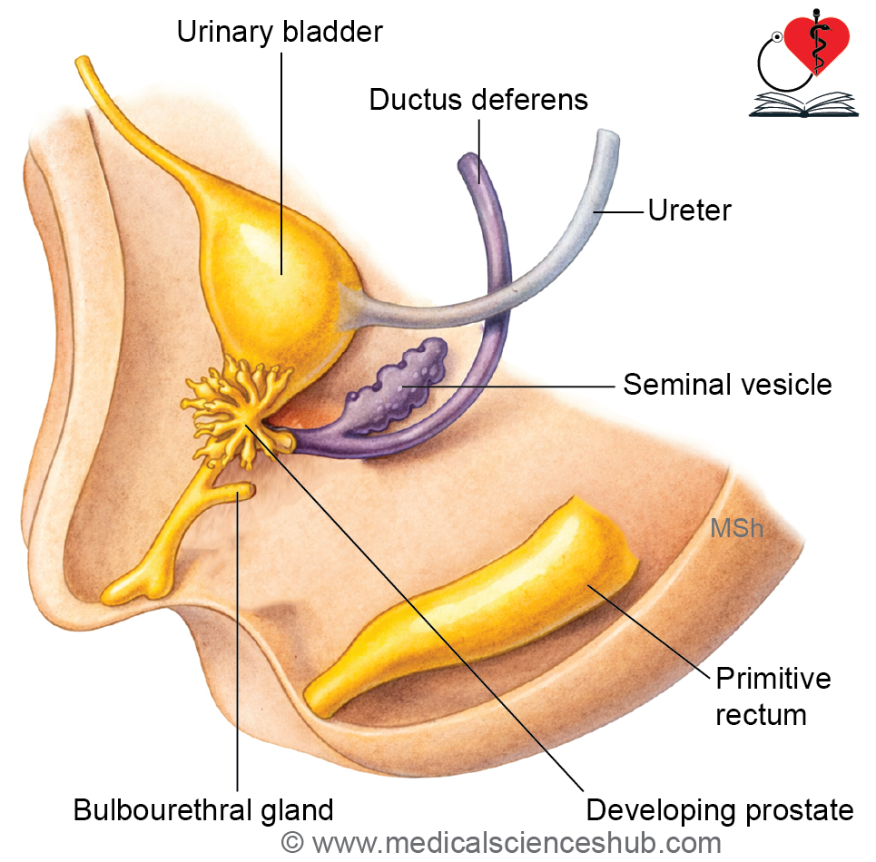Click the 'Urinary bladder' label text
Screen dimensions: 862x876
tap(280, 33)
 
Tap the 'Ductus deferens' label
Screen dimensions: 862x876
tap(478, 99)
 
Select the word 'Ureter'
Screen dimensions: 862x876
tap(689, 211)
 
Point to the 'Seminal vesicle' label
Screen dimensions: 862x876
tap(727, 384)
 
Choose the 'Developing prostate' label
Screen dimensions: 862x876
tap(720, 809)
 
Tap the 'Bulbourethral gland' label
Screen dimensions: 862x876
tap(203, 809)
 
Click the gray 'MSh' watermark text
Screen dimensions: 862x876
tap(736, 528)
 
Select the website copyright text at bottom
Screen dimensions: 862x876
tap(501, 843)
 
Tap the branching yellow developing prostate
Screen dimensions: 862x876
tap(236, 408)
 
